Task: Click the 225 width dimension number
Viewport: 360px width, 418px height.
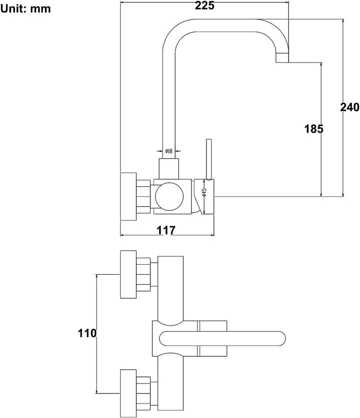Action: coord(204,6)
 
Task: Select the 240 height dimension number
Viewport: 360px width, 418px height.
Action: coord(349,107)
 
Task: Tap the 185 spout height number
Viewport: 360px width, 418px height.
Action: coord(313,129)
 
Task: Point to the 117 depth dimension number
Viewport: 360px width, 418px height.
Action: coord(166,230)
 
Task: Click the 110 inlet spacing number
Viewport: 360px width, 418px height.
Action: coord(87,333)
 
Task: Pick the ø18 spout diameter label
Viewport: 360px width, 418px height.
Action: coord(169,151)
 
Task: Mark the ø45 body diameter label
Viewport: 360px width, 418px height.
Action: coord(204,192)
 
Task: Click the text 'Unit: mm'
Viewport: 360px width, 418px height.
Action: coord(25,9)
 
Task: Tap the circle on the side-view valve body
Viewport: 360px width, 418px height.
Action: coord(169,196)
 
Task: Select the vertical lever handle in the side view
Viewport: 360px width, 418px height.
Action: coord(209,159)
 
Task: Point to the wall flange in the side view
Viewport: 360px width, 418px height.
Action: coord(128,197)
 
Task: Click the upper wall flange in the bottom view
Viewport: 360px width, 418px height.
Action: coord(128,274)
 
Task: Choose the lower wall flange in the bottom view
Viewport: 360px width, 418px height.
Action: coord(128,393)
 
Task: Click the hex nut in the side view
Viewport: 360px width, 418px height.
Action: coord(143,196)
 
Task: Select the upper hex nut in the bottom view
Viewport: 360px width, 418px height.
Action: coord(143,274)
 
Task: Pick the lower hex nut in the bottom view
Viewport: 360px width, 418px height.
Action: coord(143,393)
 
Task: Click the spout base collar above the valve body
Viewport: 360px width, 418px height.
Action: coord(168,169)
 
